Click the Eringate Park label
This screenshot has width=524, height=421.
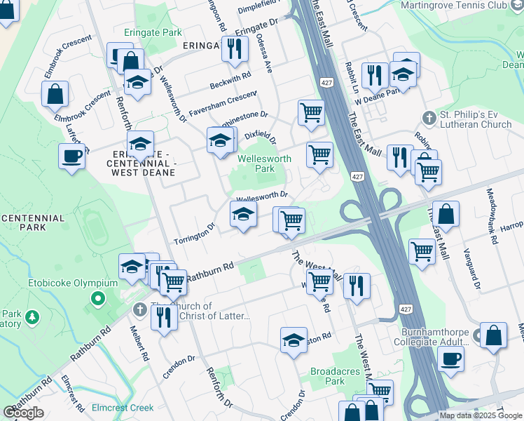click(x=153, y=32)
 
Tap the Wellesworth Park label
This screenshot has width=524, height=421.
click(x=264, y=163)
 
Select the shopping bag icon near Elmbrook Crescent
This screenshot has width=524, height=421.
click(x=55, y=94)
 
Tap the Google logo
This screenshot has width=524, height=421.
click(x=23, y=413)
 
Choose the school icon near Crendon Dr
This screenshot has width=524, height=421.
click(x=294, y=340)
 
